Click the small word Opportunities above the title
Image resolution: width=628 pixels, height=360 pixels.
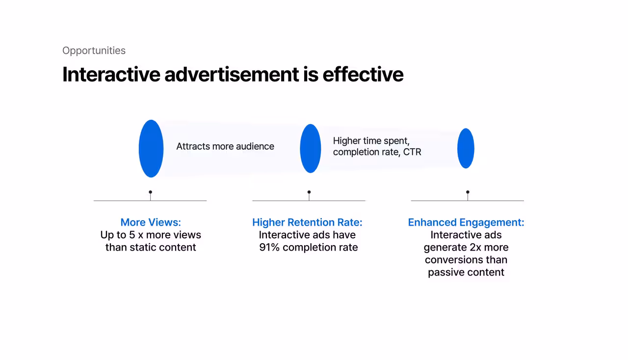point(94,51)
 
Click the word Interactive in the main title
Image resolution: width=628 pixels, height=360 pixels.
point(111,75)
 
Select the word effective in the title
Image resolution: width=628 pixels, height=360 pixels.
point(363,75)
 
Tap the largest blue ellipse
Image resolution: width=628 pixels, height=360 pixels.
point(151,149)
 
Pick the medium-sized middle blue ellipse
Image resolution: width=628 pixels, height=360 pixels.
point(311,149)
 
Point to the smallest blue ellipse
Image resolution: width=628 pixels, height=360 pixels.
point(466,148)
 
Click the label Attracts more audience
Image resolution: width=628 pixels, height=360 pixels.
point(225,146)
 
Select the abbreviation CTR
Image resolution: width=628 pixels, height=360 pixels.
point(412,152)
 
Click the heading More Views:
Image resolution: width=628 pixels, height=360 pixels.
point(151,222)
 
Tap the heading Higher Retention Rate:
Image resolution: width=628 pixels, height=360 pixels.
point(307,222)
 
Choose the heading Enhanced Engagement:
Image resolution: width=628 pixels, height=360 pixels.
point(466,222)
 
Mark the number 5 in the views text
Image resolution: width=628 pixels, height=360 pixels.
point(132,235)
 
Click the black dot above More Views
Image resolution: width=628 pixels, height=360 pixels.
point(151,192)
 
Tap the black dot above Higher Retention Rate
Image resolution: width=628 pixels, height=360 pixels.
point(309,192)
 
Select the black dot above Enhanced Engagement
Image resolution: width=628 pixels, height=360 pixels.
point(468,192)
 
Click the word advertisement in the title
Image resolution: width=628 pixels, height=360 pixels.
point(232,75)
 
